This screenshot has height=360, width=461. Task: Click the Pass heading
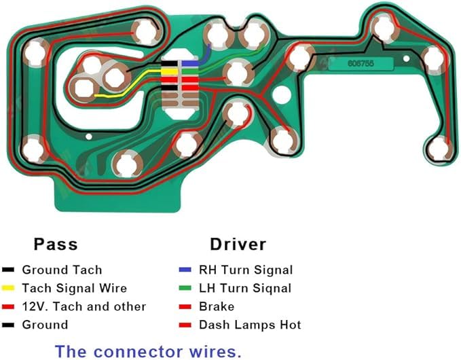56,244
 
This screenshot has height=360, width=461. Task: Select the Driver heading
238,244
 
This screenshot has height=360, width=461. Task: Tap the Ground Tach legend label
62,270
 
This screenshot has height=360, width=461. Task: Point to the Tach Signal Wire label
75,288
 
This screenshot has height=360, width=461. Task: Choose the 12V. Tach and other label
84,306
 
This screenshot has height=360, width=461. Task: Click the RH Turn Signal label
246,270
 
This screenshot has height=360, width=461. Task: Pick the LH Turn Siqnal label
245,288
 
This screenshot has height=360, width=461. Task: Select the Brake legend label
217,306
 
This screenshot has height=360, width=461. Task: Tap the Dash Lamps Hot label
250,325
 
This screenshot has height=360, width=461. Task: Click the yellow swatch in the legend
8,288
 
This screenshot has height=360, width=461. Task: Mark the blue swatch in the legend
185,270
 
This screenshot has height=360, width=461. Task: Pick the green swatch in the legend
185,288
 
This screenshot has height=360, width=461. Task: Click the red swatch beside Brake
185,307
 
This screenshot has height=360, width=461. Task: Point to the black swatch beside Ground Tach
8,270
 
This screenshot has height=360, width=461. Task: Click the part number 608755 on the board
361,63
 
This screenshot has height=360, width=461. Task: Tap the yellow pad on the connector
169,71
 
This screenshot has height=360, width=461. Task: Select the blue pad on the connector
190,63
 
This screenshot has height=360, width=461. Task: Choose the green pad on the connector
190,71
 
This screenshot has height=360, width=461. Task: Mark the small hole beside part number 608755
406,58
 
